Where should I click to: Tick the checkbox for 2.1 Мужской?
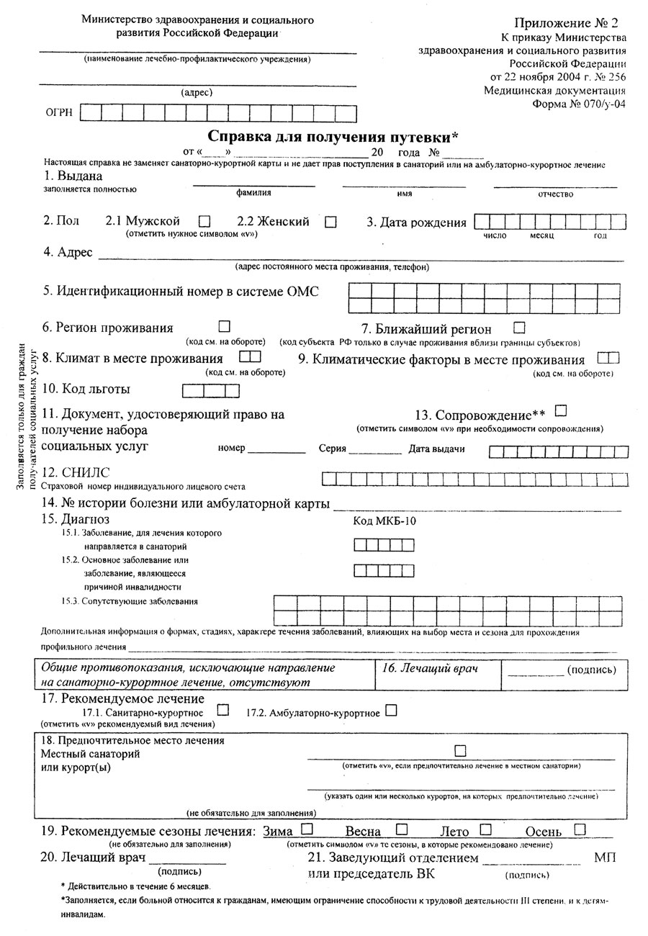[204, 222]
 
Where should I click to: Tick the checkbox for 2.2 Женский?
[330, 222]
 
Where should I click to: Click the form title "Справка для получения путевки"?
[333, 136]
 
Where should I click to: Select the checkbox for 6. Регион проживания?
[224, 326]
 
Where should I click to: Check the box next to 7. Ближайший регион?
[519, 327]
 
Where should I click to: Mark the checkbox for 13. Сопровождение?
[562, 410]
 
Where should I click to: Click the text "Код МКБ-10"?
[384, 521]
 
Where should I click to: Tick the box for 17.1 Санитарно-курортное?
[222, 710]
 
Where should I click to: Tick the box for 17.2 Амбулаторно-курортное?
[391, 710]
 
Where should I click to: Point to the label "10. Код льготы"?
[86, 390]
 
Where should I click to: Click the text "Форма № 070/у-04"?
[579, 103]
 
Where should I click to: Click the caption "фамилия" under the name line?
[253, 193]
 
